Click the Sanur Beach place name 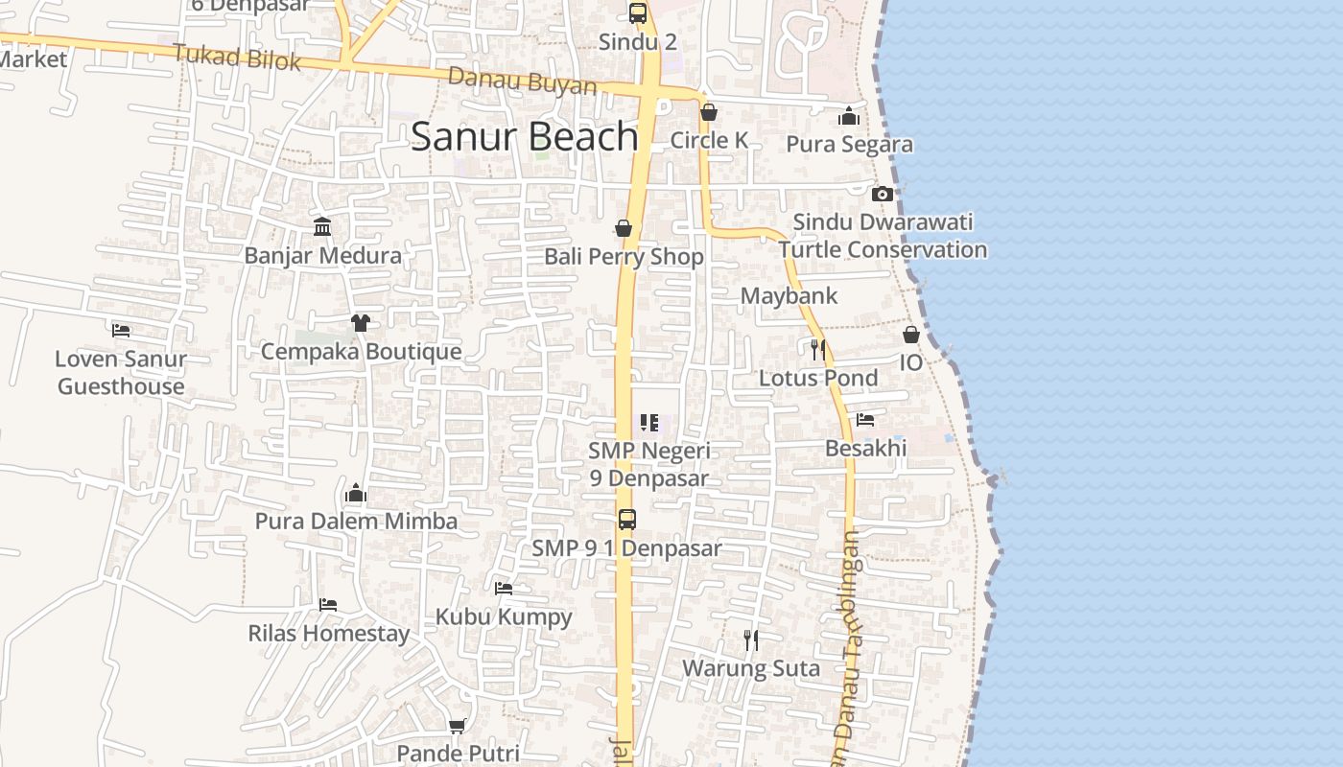point(524,137)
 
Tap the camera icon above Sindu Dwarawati point(882,194)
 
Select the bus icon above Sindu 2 point(638,12)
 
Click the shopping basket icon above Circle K point(708,112)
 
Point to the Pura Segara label point(849,145)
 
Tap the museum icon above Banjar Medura point(322,227)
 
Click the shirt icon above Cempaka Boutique point(361,322)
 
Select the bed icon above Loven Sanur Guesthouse point(121,330)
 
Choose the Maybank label point(789,296)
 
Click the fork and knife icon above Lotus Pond point(817,349)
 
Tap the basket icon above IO point(910,335)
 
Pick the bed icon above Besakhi point(865,420)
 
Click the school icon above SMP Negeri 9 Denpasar point(649,423)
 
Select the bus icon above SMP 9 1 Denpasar point(626,520)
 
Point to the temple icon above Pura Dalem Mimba point(356,494)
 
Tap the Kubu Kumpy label point(504,617)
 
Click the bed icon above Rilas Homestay point(328,605)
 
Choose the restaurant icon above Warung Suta point(751,639)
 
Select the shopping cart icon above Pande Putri point(458,726)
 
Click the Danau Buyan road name point(522,82)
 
